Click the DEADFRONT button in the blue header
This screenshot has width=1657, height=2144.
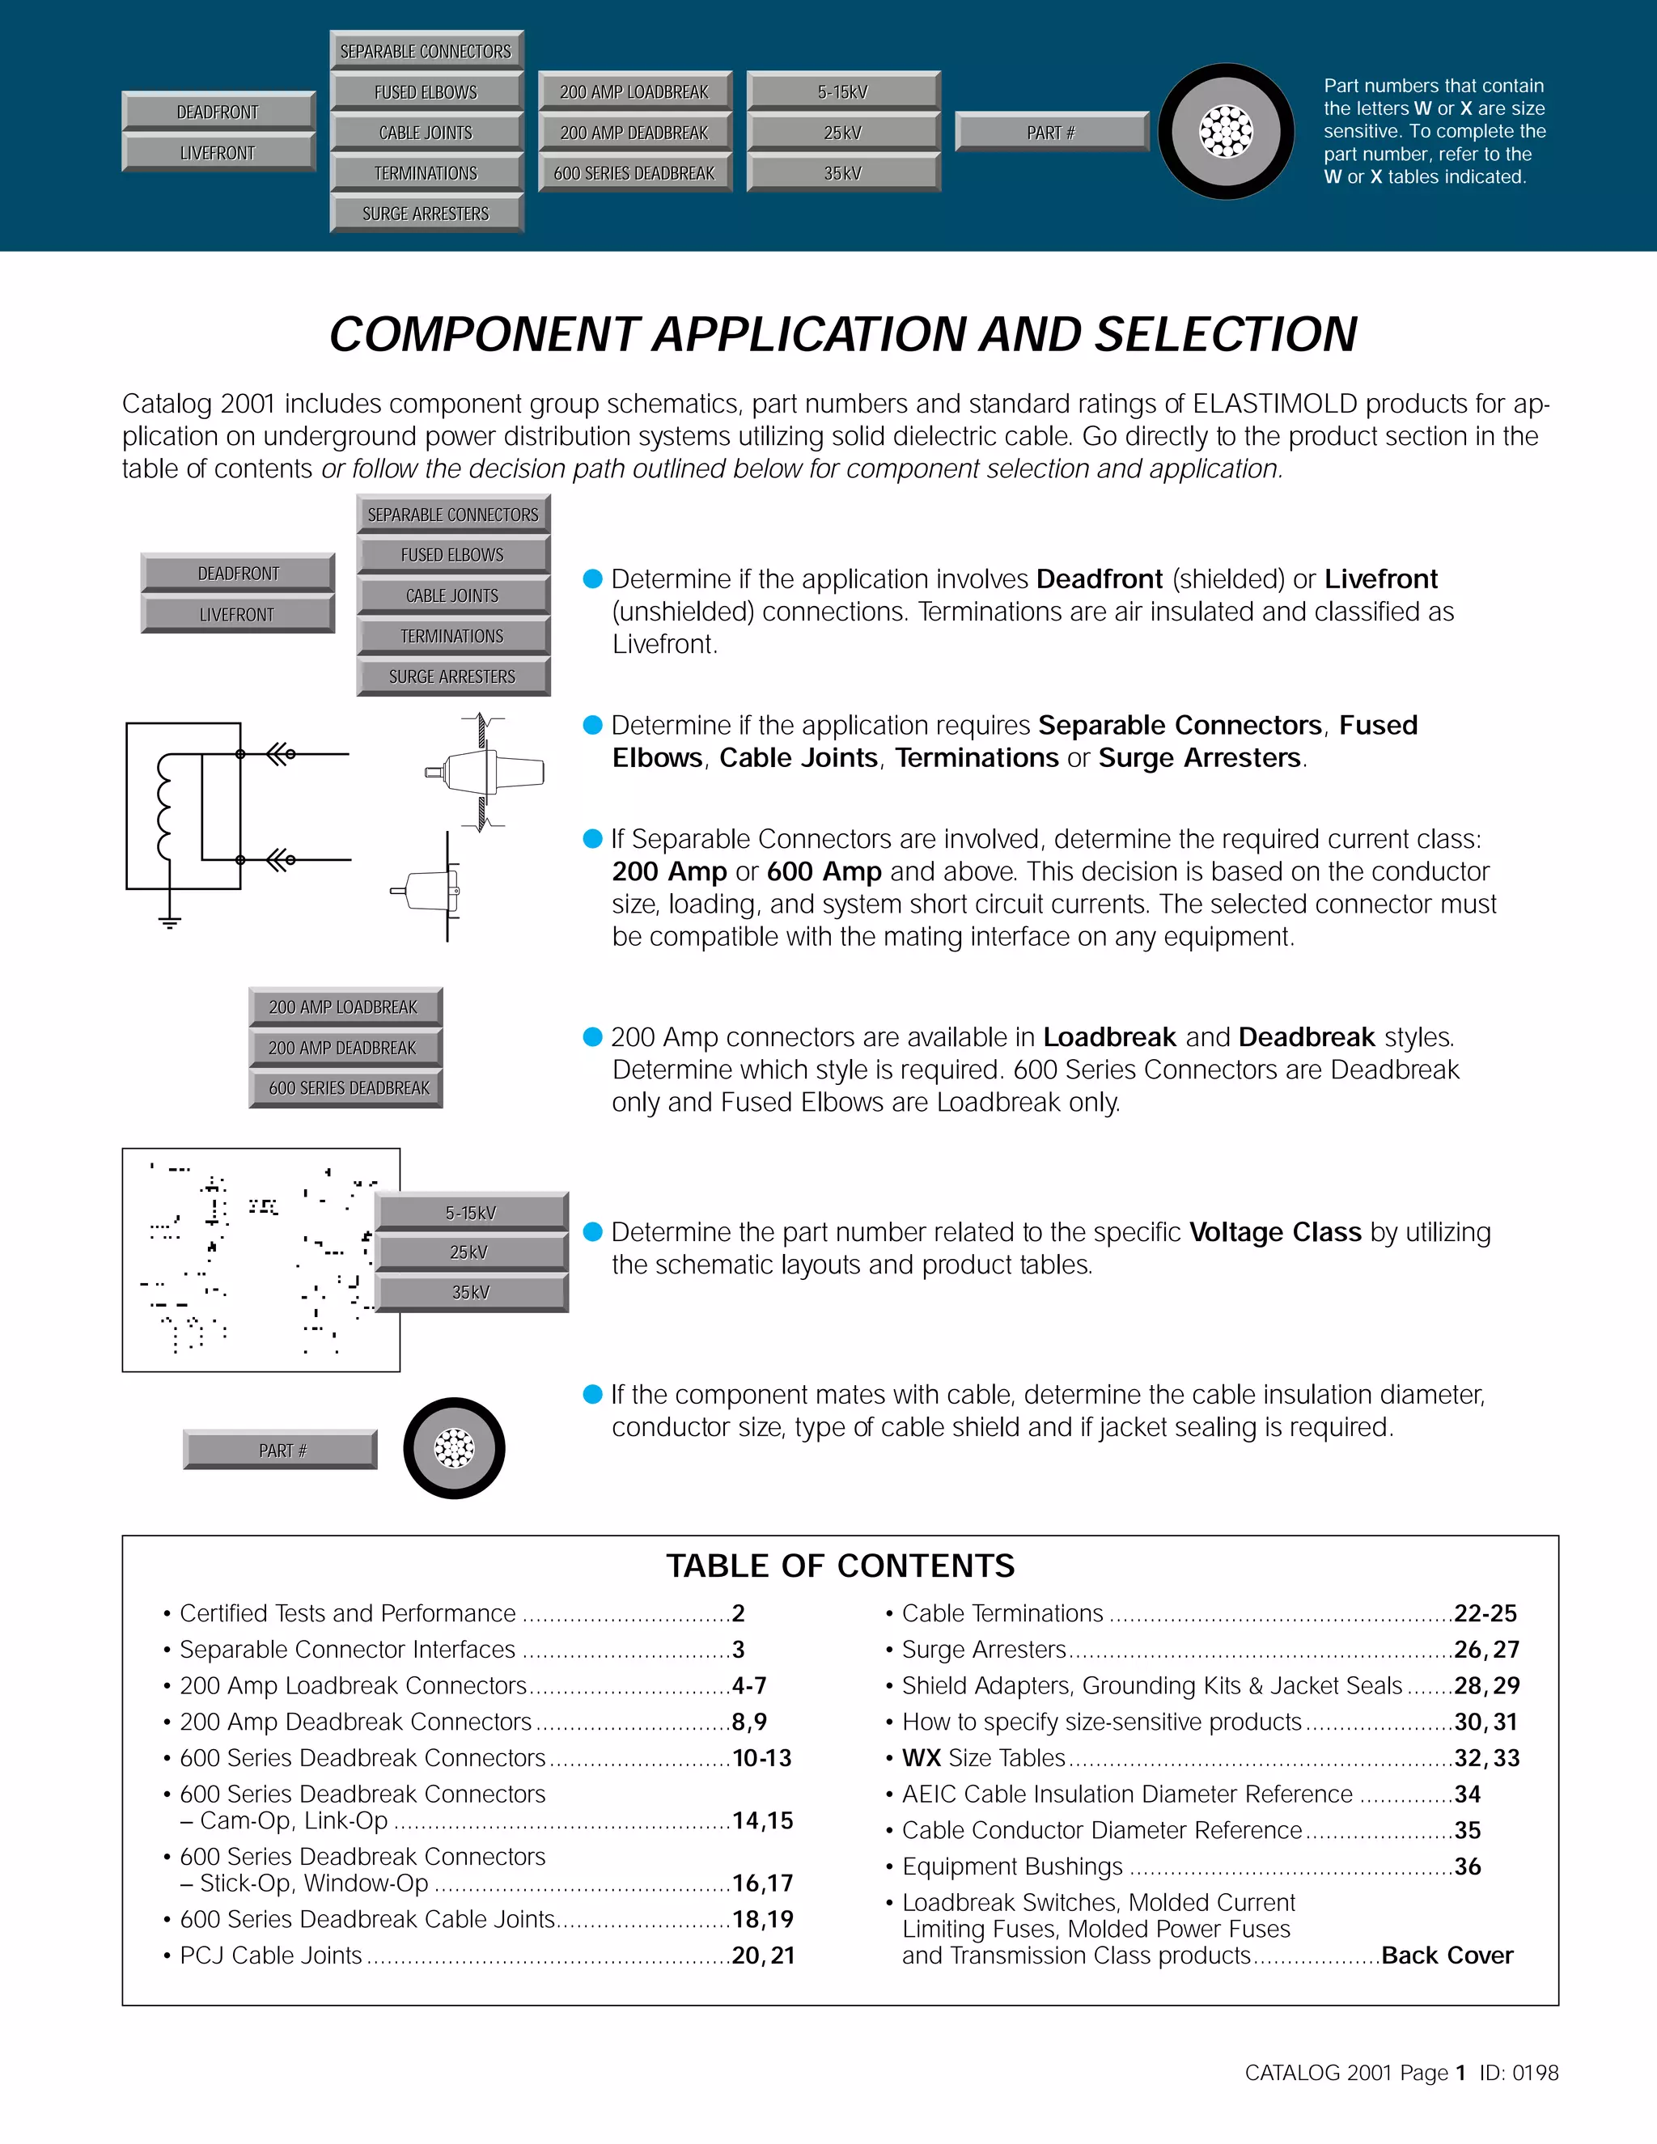pyautogui.click(x=218, y=112)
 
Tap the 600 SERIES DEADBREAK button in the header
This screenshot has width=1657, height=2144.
pyautogui.click(x=634, y=173)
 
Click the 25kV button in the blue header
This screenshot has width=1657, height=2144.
pyautogui.click(x=842, y=133)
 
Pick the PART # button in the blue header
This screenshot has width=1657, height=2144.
pyautogui.click(x=1050, y=133)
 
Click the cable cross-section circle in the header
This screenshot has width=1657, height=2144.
pyautogui.click(x=1226, y=132)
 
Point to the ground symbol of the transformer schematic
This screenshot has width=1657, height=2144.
pyautogui.click(x=170, y=921)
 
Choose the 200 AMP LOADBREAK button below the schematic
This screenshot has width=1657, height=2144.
pyautogui.click(x=344, y=1007)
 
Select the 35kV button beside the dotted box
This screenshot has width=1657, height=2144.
pyautogui.click(x=471, y=1293)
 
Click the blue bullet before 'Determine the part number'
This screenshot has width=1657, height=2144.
pyautogui.click(x=592, y=1232)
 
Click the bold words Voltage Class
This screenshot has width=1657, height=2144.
pyautogui.click(x=1274, y=1232)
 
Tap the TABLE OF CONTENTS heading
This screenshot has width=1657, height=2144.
pyautogui.click(x=841, y=1566)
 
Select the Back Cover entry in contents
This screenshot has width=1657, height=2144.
pyautogui.click(x=1446, y=1955)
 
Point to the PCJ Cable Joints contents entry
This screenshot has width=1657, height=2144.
pyautogui.click(x=271, y=1955)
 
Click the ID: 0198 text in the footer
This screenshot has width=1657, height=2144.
pyautogui.click(x=1519, y=2072)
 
